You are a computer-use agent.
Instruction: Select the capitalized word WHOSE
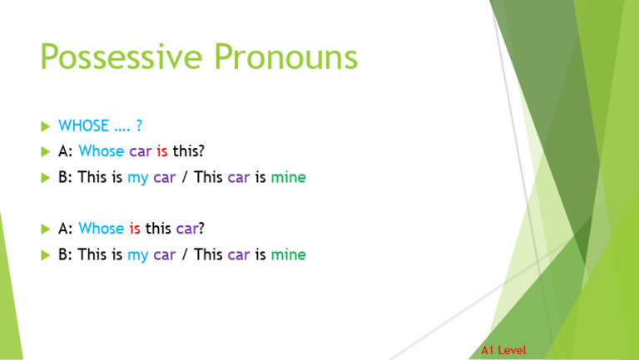point(84,126)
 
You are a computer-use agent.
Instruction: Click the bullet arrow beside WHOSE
point(45,126)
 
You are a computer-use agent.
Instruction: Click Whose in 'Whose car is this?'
point(101,152)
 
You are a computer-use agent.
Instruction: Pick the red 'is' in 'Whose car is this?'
point(161,152)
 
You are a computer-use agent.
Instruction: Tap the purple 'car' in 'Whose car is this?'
point(140,152)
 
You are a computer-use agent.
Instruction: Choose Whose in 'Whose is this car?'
point(101,229)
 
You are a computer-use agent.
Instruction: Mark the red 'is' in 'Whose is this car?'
point(134,229)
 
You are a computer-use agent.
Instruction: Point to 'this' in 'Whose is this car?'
point(158,229)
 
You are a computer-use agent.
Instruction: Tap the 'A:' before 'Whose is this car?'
point(65,229)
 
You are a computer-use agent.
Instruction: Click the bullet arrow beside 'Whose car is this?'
point(45,152)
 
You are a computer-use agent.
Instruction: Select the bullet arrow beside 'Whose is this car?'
point(45,229)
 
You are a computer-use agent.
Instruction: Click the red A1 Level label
point(503,350)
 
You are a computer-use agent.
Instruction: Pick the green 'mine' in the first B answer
point(288,178)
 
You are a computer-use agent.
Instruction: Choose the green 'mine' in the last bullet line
point(288,254)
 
